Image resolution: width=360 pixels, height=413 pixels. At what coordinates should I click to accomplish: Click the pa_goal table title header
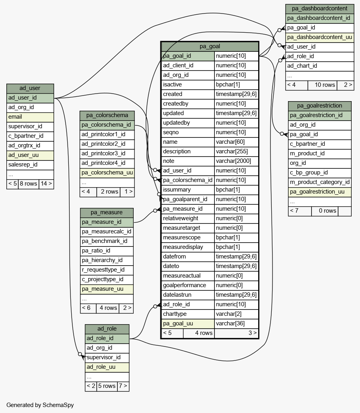pos(210,47)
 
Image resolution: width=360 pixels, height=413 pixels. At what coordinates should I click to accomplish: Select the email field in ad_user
pos(30,117)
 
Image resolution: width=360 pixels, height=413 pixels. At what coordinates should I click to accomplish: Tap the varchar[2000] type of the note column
pos(236,161)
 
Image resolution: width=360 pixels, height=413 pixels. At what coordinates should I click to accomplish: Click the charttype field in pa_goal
pos(188,314)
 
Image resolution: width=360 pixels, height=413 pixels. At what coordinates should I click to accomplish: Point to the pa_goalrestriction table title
pos(320,106)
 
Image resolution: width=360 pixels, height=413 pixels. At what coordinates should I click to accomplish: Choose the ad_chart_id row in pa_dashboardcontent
pos(320,66)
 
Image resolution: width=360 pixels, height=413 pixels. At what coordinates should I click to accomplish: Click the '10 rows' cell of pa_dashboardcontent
pos(322,85)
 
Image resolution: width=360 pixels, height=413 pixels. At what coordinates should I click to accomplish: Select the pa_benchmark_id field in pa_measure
pos(107,241)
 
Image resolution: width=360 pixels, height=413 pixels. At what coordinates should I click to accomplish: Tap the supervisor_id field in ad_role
pos(107,357)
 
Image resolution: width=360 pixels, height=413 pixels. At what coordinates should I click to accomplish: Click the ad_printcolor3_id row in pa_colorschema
pos(107,154)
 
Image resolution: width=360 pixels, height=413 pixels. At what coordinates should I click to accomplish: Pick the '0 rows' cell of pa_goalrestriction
pos(325,211)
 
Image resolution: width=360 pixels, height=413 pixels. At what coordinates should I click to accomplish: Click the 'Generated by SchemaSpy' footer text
pos(40,405)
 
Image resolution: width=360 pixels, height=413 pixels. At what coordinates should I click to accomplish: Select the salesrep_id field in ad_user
pos(30,164)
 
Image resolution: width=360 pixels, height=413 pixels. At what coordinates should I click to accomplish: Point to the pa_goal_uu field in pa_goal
pos(188,324)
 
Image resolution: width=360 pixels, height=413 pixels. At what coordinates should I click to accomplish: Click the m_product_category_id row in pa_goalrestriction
pos(320,182)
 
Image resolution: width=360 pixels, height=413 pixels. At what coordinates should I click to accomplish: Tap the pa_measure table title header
pos(107,213)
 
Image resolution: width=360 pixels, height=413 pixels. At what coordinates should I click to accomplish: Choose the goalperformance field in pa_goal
pos(188,285)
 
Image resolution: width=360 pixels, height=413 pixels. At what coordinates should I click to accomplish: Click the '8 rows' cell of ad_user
pos(29,184)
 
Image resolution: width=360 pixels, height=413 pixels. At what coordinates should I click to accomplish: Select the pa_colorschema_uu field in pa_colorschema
pos(107,173)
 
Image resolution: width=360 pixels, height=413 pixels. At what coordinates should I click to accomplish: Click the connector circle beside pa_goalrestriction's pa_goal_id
pos(282,134)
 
